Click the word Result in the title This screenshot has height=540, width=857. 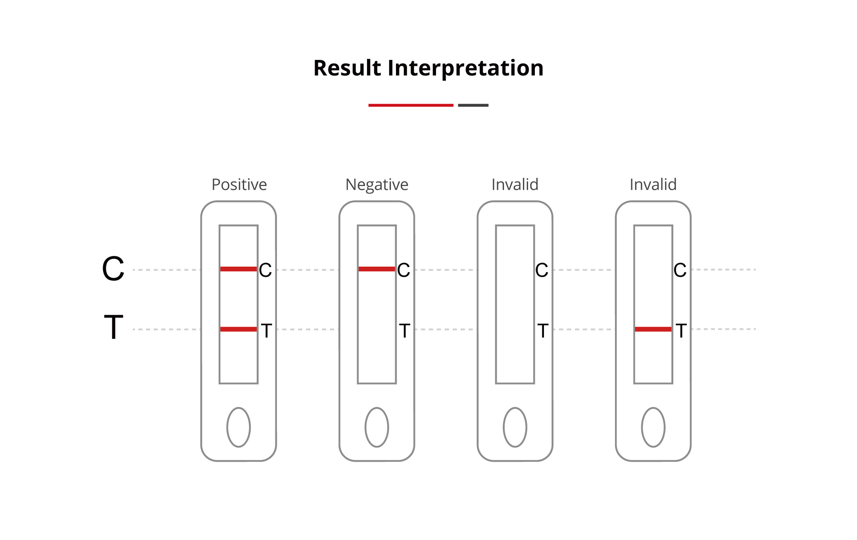(x=347, y=68)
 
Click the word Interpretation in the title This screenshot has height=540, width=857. (x=465, y=68)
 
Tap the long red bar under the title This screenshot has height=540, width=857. (x=411, y=105)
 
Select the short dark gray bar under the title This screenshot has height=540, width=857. (x=473, y=105)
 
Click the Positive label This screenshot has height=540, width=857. (x=239, y=184)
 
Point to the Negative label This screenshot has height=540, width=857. (x=377, y=184)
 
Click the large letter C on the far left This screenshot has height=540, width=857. (x=113, y=269)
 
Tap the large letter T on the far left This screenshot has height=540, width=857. (x=113, y=327)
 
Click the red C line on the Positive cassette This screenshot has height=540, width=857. (x=238, y=269)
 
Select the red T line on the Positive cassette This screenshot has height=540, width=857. (x=238, y=329)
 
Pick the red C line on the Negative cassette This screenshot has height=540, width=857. (x=377, y=269)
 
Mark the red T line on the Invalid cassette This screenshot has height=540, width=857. (x=653, y=329)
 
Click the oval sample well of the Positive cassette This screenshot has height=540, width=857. (x=238, y=427)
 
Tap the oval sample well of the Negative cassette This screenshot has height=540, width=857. (x=377, y=427)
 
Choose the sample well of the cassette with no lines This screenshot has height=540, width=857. (x=515, y=427)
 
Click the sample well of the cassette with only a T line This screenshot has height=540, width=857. (x=653, y=427)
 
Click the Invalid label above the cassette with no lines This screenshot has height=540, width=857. (x=515, y=184)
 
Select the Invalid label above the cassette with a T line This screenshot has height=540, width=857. (x=653, y=184)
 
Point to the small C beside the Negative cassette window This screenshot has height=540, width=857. (x=404, y=270)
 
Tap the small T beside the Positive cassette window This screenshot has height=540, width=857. (x=266, y=331)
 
